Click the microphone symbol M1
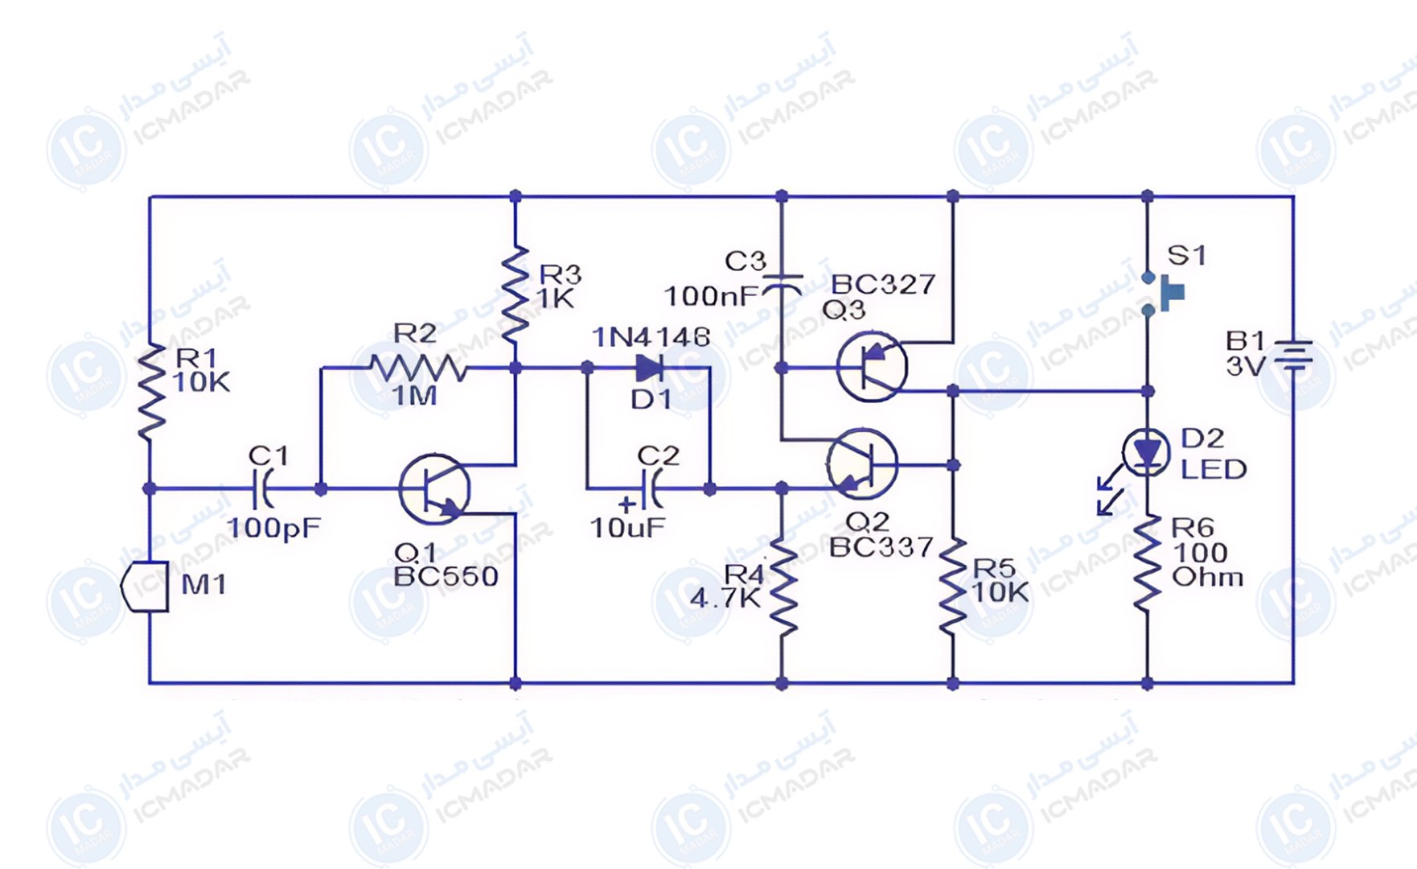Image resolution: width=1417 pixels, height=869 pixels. click(146, 587)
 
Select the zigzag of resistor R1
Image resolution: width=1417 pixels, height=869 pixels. click(150, 392)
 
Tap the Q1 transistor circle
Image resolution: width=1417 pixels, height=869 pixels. click(434, 488)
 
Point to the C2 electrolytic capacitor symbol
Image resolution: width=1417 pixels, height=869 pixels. click(652, 488)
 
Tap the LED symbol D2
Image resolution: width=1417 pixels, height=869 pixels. click(1146, 453)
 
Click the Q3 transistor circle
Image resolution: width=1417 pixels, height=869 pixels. click(872, 366)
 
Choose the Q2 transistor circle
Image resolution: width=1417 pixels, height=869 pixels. click(862, 464)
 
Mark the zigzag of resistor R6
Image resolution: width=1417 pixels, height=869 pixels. click(1148, 563)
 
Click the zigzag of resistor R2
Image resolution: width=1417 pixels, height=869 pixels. click(418, 369)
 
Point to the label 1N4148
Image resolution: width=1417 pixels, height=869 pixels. click(651, 336)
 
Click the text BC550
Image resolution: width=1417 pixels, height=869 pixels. click(446, 576)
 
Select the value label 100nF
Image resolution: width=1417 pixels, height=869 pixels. click(711, 296)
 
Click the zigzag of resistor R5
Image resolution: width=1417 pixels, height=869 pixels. click(953, 587)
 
